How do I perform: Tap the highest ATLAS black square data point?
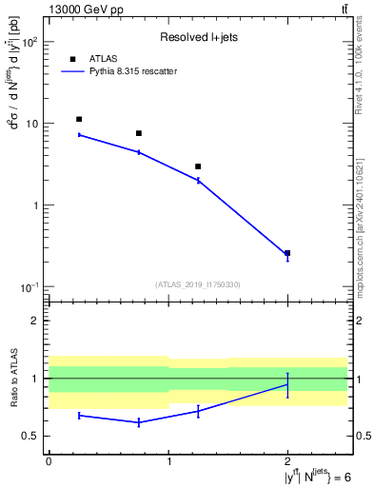(x=79, y=119)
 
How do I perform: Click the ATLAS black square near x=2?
(x=287, y=253)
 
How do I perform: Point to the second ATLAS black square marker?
(x=139, y=133)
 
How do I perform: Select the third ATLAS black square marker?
(x=198, y=166)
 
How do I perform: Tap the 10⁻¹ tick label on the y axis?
(x=28, y=287)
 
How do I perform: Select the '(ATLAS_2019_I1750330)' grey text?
(x=198, y=284)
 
